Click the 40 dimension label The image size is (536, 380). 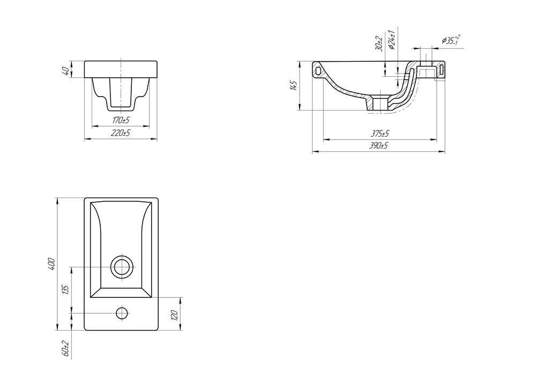tap(66, 70)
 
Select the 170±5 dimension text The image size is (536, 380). tap(121, 120)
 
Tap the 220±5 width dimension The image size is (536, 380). tap(120, 133)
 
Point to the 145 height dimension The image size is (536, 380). tap(294, 85)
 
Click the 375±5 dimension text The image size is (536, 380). tap(381, 133)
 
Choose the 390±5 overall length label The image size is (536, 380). tap(378, 145)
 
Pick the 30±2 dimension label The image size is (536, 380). tap(379, 43)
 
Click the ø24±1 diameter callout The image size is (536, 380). tap(392, 40)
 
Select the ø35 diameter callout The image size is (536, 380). tap(451, 40)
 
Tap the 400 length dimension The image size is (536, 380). tap(51, 264)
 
